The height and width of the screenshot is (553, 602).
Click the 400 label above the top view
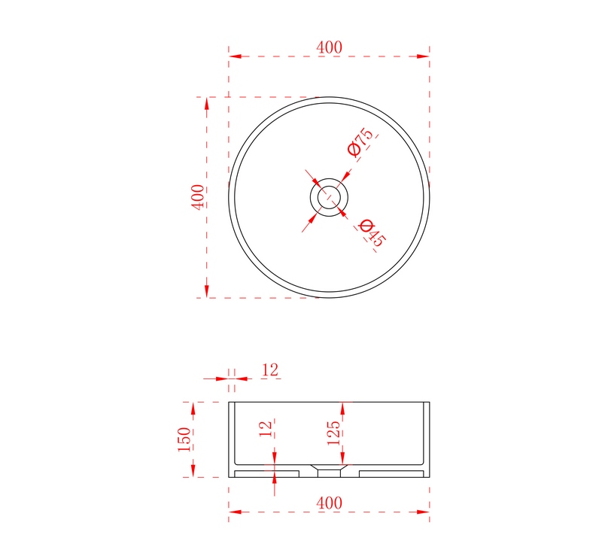[x=329, y=47]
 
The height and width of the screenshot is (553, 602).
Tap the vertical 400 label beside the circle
[x=198, y=197]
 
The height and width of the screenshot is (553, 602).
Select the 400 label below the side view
[x=329, y=503]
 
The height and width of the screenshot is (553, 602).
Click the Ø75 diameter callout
[x=360, y=142]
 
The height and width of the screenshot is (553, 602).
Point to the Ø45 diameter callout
[x=371, y=233]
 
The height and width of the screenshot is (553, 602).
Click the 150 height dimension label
[x=184, y=439]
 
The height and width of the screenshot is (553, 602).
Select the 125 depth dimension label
[x=333, y=433]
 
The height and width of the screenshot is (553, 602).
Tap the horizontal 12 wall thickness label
[x=270, y=370]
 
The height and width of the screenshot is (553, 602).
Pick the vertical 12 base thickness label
[x=266, y=428]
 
